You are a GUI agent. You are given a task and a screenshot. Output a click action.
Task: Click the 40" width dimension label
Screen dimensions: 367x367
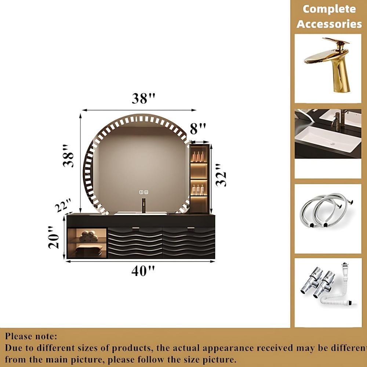tap(143, 271)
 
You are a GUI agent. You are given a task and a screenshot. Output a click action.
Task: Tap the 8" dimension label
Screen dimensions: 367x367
tap(198, 129)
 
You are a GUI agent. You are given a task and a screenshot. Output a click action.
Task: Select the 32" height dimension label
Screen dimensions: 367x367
tap(221, 175)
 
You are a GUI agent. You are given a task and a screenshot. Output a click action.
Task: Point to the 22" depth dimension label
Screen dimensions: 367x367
tap(63, 205)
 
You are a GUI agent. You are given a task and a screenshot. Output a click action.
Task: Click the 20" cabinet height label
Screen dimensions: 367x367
tap(54, 237)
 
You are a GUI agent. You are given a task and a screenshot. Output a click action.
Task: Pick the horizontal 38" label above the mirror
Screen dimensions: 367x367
tap(143, 98)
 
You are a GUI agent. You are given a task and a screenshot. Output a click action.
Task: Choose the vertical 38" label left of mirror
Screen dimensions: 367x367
tap(68, 156)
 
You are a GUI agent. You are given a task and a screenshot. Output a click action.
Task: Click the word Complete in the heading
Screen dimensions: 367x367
tap(329, 9)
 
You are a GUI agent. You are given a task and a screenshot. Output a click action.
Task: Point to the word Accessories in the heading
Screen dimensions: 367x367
tap(329, 24)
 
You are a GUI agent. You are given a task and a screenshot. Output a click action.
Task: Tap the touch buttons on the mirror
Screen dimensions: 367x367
tap(144, 192)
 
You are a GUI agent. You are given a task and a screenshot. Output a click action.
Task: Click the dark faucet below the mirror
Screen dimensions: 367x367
tap(143, 206)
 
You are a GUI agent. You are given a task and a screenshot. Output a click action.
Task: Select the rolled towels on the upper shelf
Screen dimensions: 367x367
tap(88, 236)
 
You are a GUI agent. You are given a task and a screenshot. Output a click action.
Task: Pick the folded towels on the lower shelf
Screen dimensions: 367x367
tap(89, 250)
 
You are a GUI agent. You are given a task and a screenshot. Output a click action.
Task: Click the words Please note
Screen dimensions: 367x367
tap(31, 336)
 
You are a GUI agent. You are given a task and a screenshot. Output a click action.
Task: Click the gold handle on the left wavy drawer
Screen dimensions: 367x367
tap(135, 228)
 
